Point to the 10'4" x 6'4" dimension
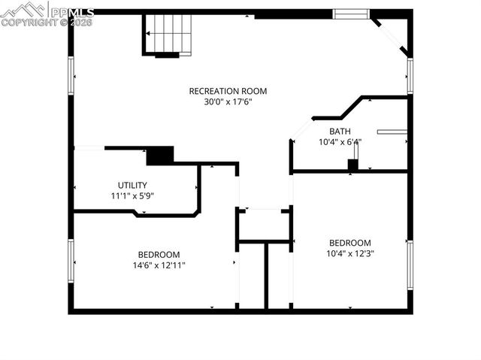tap(340, 141)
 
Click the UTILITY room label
tap(132, 185)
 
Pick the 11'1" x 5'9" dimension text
tap(132, 195)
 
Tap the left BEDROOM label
tap(159, 254)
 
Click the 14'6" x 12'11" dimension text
tap(159, 265)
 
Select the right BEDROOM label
tap(350, 243)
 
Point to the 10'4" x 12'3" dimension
tap(350, 253)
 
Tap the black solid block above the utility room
tap(159, 156)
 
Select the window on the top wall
tap(351, 13)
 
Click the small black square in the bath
tap(352, 165)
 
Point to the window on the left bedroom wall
tap(71, 263)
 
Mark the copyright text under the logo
tap(47, 23)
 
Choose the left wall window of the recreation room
tap(71, 77)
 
